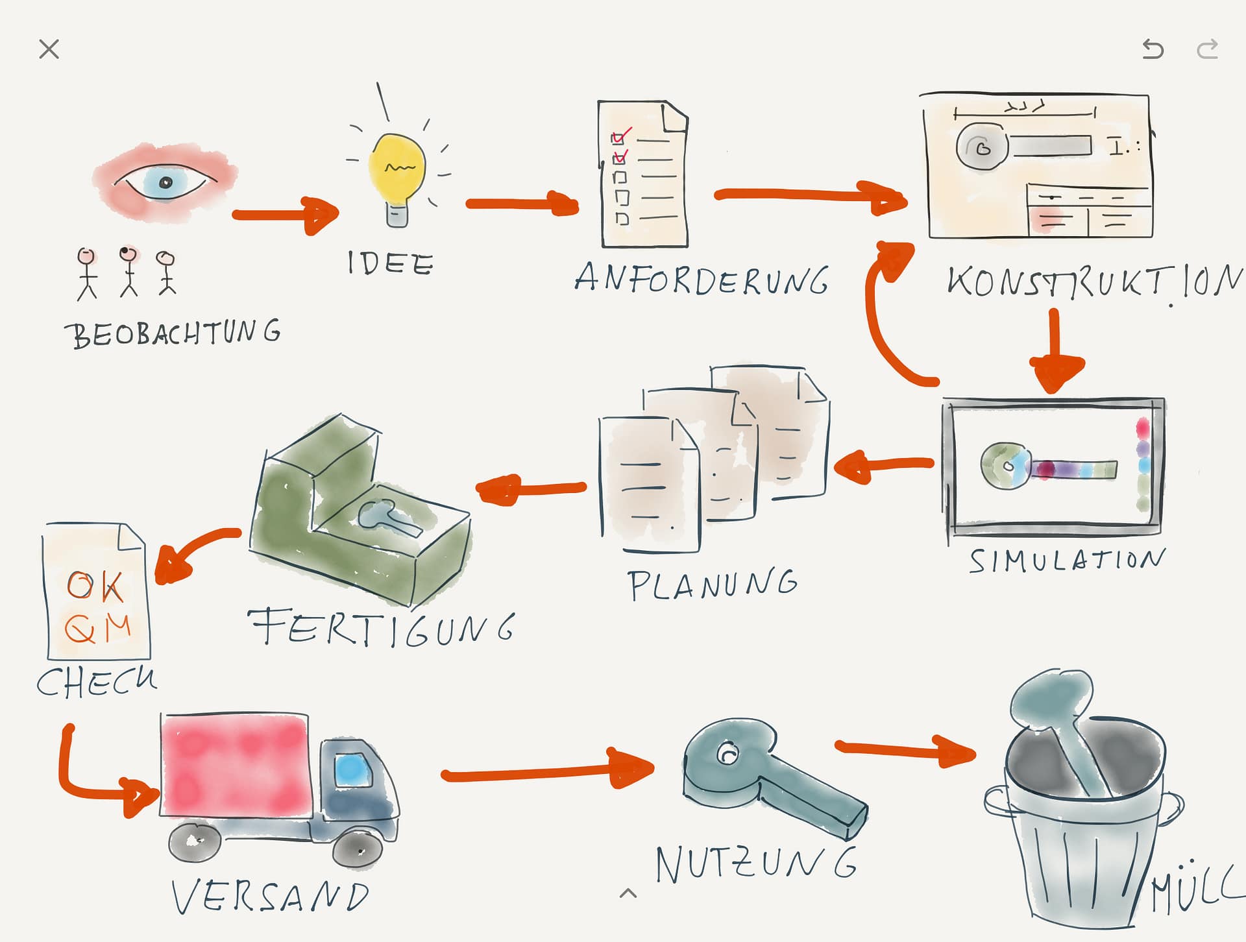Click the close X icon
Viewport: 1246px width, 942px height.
tap(49, 49)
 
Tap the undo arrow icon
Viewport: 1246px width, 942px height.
tap(1153, 49)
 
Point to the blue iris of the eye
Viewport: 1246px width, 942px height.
tap(165, 182)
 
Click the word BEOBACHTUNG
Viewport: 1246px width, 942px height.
tap(173, 333)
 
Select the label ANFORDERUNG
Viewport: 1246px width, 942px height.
tap(702, 280)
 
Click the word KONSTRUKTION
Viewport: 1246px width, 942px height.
tap(1094, 282)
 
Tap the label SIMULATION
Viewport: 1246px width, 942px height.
tap(1067, 561)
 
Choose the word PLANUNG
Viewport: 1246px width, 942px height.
tap(712, 583)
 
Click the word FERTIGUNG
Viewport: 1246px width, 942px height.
tap(382, 628)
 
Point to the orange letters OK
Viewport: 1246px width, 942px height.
tap(95, 586)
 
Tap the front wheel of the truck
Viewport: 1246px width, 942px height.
tap(358, 847)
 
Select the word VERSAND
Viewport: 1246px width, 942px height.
tap(270, 897)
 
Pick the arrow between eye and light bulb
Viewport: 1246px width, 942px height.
tap(286, 215)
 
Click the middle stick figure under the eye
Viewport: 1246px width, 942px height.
tap(128, 271)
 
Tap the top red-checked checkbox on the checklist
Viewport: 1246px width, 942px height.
tap(618, 138)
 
